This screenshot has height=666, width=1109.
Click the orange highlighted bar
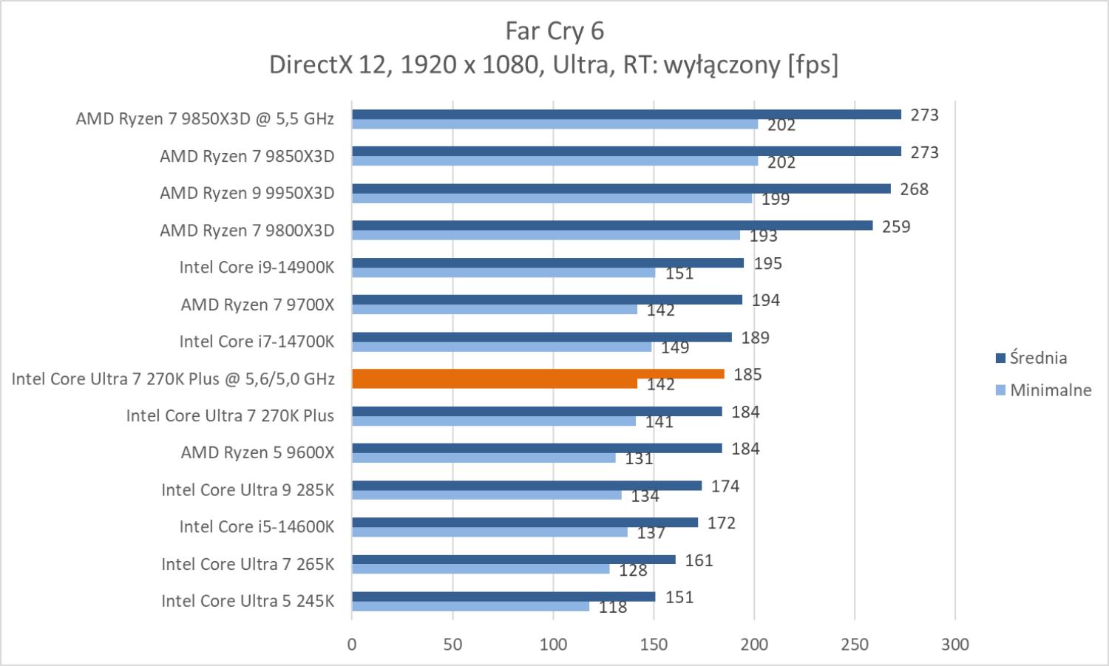[537, 374]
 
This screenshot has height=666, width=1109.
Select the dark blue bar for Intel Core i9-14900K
[547, 262]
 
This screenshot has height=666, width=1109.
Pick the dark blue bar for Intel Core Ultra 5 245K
[503, 597]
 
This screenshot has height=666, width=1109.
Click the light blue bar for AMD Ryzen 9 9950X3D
[552, 198]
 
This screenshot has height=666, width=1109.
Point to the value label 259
[896, 226]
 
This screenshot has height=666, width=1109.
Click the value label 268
[914, 189]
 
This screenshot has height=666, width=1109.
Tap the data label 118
[612, 607]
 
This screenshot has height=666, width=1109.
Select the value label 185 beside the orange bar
[747, 375]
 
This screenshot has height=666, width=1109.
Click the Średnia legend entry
[1037, 358]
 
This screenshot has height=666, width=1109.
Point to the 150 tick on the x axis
[654, 644]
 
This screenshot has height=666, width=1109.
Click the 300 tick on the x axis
[954, 644]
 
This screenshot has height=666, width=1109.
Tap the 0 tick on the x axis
[352, 644]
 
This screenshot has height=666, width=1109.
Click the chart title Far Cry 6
[554, 30]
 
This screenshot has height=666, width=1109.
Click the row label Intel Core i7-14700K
[257, 342]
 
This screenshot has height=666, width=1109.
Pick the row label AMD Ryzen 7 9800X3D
[247, 230]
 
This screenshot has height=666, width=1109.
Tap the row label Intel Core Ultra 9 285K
[248, 489]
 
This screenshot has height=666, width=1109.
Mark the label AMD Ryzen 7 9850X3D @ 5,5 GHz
[205, 119]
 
